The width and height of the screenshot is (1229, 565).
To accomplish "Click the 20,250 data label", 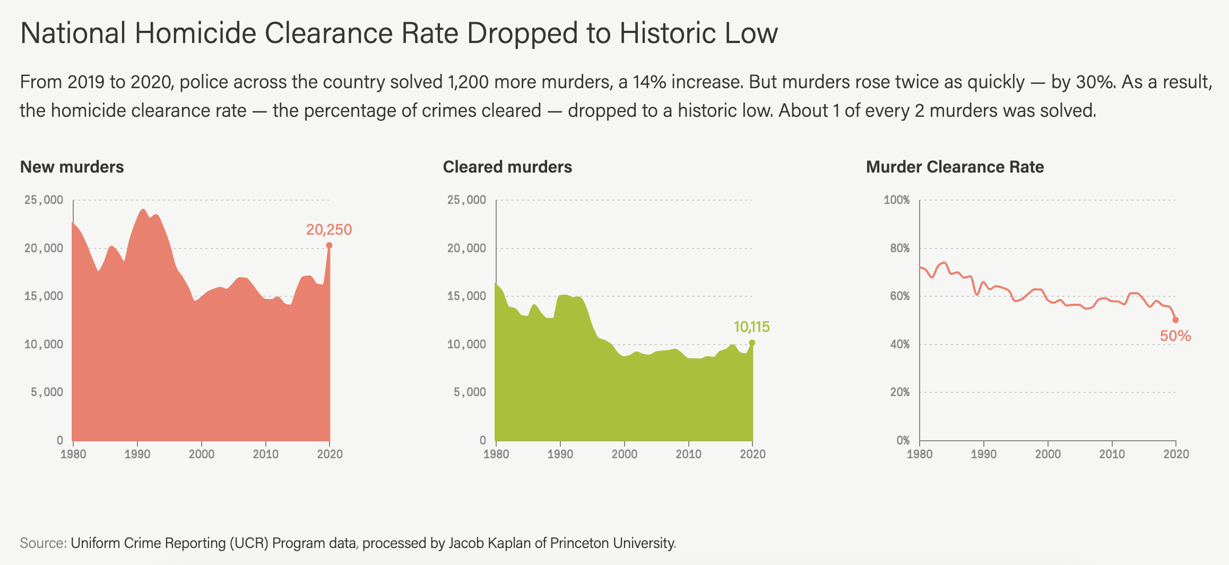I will [328, 229].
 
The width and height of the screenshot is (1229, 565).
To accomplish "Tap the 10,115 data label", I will [751, 327].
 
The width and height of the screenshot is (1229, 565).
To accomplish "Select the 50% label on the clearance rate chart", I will [1175, 336].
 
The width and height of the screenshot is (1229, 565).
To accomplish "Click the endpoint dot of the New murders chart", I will [329, 245].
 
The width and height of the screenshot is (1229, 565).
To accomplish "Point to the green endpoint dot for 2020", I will [752, 343].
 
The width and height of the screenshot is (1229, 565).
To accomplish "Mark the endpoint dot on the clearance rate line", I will [1175, 320].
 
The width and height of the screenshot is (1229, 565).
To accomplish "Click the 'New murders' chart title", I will [72, 167].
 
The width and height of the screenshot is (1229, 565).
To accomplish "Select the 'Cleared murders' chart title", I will [507, 167].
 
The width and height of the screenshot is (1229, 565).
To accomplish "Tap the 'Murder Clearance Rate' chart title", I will [955, 167].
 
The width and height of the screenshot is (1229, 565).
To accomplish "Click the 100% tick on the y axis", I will [896, 200].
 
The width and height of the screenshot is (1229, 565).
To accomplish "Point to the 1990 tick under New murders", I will [137, 454].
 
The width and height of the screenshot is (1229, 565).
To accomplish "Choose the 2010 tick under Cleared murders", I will [688, 454].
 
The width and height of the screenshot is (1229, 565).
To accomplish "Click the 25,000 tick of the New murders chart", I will [44, 200].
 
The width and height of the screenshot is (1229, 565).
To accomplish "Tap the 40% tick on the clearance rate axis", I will [899, 344].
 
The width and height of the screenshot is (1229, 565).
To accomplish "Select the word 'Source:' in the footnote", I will [43, 543].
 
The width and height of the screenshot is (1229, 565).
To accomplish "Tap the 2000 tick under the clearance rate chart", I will [1048, 454].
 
